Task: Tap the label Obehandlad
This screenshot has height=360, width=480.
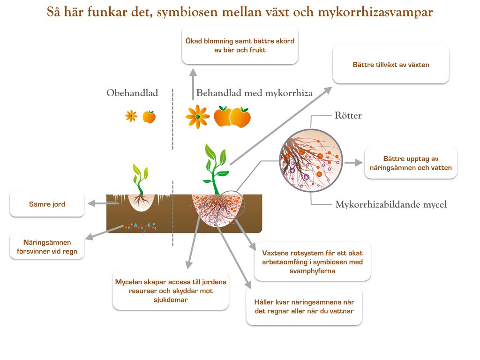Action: [x=132, y=93]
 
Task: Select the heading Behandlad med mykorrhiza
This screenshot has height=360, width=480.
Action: [x=254, y=93]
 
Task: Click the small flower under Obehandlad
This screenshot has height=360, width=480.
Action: [x=131, y=116]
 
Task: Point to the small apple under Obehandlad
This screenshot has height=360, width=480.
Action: [x=149, y=116]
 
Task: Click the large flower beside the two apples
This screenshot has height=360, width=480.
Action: [x=197, y=117]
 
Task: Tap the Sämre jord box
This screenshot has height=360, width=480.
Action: [x=47, y=204]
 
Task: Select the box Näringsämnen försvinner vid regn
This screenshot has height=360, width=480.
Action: [x=47, y=247]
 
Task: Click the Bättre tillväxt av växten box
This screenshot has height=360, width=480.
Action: [x=390, y=65]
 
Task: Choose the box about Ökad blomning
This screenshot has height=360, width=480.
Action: [x=240, y=45]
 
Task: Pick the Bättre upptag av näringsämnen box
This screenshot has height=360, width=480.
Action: [x=411, y=163]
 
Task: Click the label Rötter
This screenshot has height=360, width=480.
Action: [x=348, y=115]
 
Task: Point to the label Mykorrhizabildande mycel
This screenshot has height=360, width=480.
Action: [x=391, y=204]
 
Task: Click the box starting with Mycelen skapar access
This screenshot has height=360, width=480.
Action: [x=171, y=291]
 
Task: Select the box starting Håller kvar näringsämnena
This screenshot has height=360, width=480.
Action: [x=304, y=307]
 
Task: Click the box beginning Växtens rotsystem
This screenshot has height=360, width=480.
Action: [x=312, y=262]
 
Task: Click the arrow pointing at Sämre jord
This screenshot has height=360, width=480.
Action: [x=103, y=203]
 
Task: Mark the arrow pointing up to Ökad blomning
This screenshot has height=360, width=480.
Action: [x=193, y=84]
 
